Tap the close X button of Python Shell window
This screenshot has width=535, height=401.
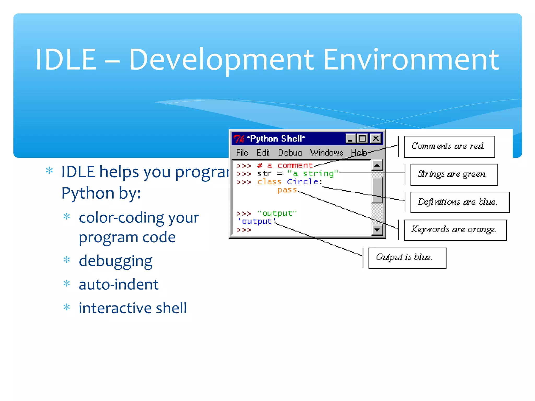pos(376,138)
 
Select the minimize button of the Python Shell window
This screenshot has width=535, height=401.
pos(350,138)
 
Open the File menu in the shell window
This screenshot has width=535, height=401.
pos(242,152)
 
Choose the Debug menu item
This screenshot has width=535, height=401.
pos(290,152)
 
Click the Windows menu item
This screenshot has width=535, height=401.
pos(326,152)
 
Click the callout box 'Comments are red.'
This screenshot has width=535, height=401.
pos(449,146)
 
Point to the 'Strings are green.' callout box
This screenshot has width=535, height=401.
pos(454,174)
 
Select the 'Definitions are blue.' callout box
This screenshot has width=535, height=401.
pos(460,202)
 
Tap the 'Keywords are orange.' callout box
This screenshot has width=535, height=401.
pos(455,230)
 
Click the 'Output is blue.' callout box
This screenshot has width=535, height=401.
pos(407,258)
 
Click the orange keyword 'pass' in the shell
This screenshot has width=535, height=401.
pos(287,190)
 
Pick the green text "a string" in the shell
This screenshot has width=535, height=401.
pos(313,173)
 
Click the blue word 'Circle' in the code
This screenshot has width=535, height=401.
pos(303,181)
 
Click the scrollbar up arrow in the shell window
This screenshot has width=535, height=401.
pos(377,165)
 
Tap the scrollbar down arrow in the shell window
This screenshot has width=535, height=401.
pos(377,230)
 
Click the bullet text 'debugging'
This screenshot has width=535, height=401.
pos(115,261)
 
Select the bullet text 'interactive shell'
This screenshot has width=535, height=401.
pos(133,308)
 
